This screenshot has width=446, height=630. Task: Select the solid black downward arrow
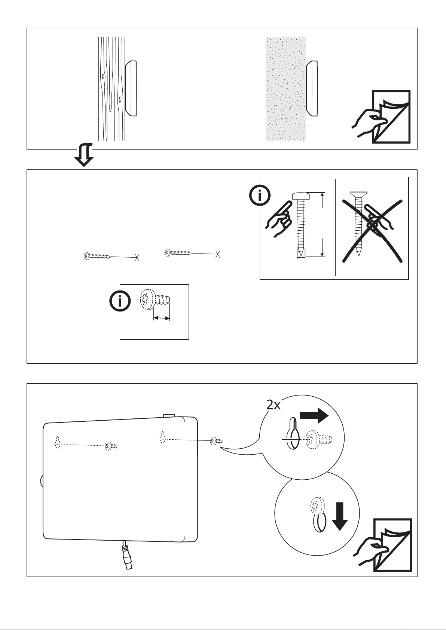(340, 517)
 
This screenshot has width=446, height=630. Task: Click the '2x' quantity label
(273, 405)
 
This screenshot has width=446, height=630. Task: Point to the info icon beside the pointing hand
(260, 195)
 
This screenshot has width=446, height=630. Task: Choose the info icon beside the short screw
(120, 301)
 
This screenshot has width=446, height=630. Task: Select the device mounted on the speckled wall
(312, 88)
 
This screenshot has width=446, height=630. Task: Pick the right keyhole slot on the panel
(162, 437)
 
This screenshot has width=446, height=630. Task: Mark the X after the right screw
(217, 254)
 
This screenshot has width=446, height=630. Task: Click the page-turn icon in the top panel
(382, 117)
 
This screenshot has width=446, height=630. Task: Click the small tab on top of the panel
(169, 415)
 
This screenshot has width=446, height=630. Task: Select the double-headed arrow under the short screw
(162, 318)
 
